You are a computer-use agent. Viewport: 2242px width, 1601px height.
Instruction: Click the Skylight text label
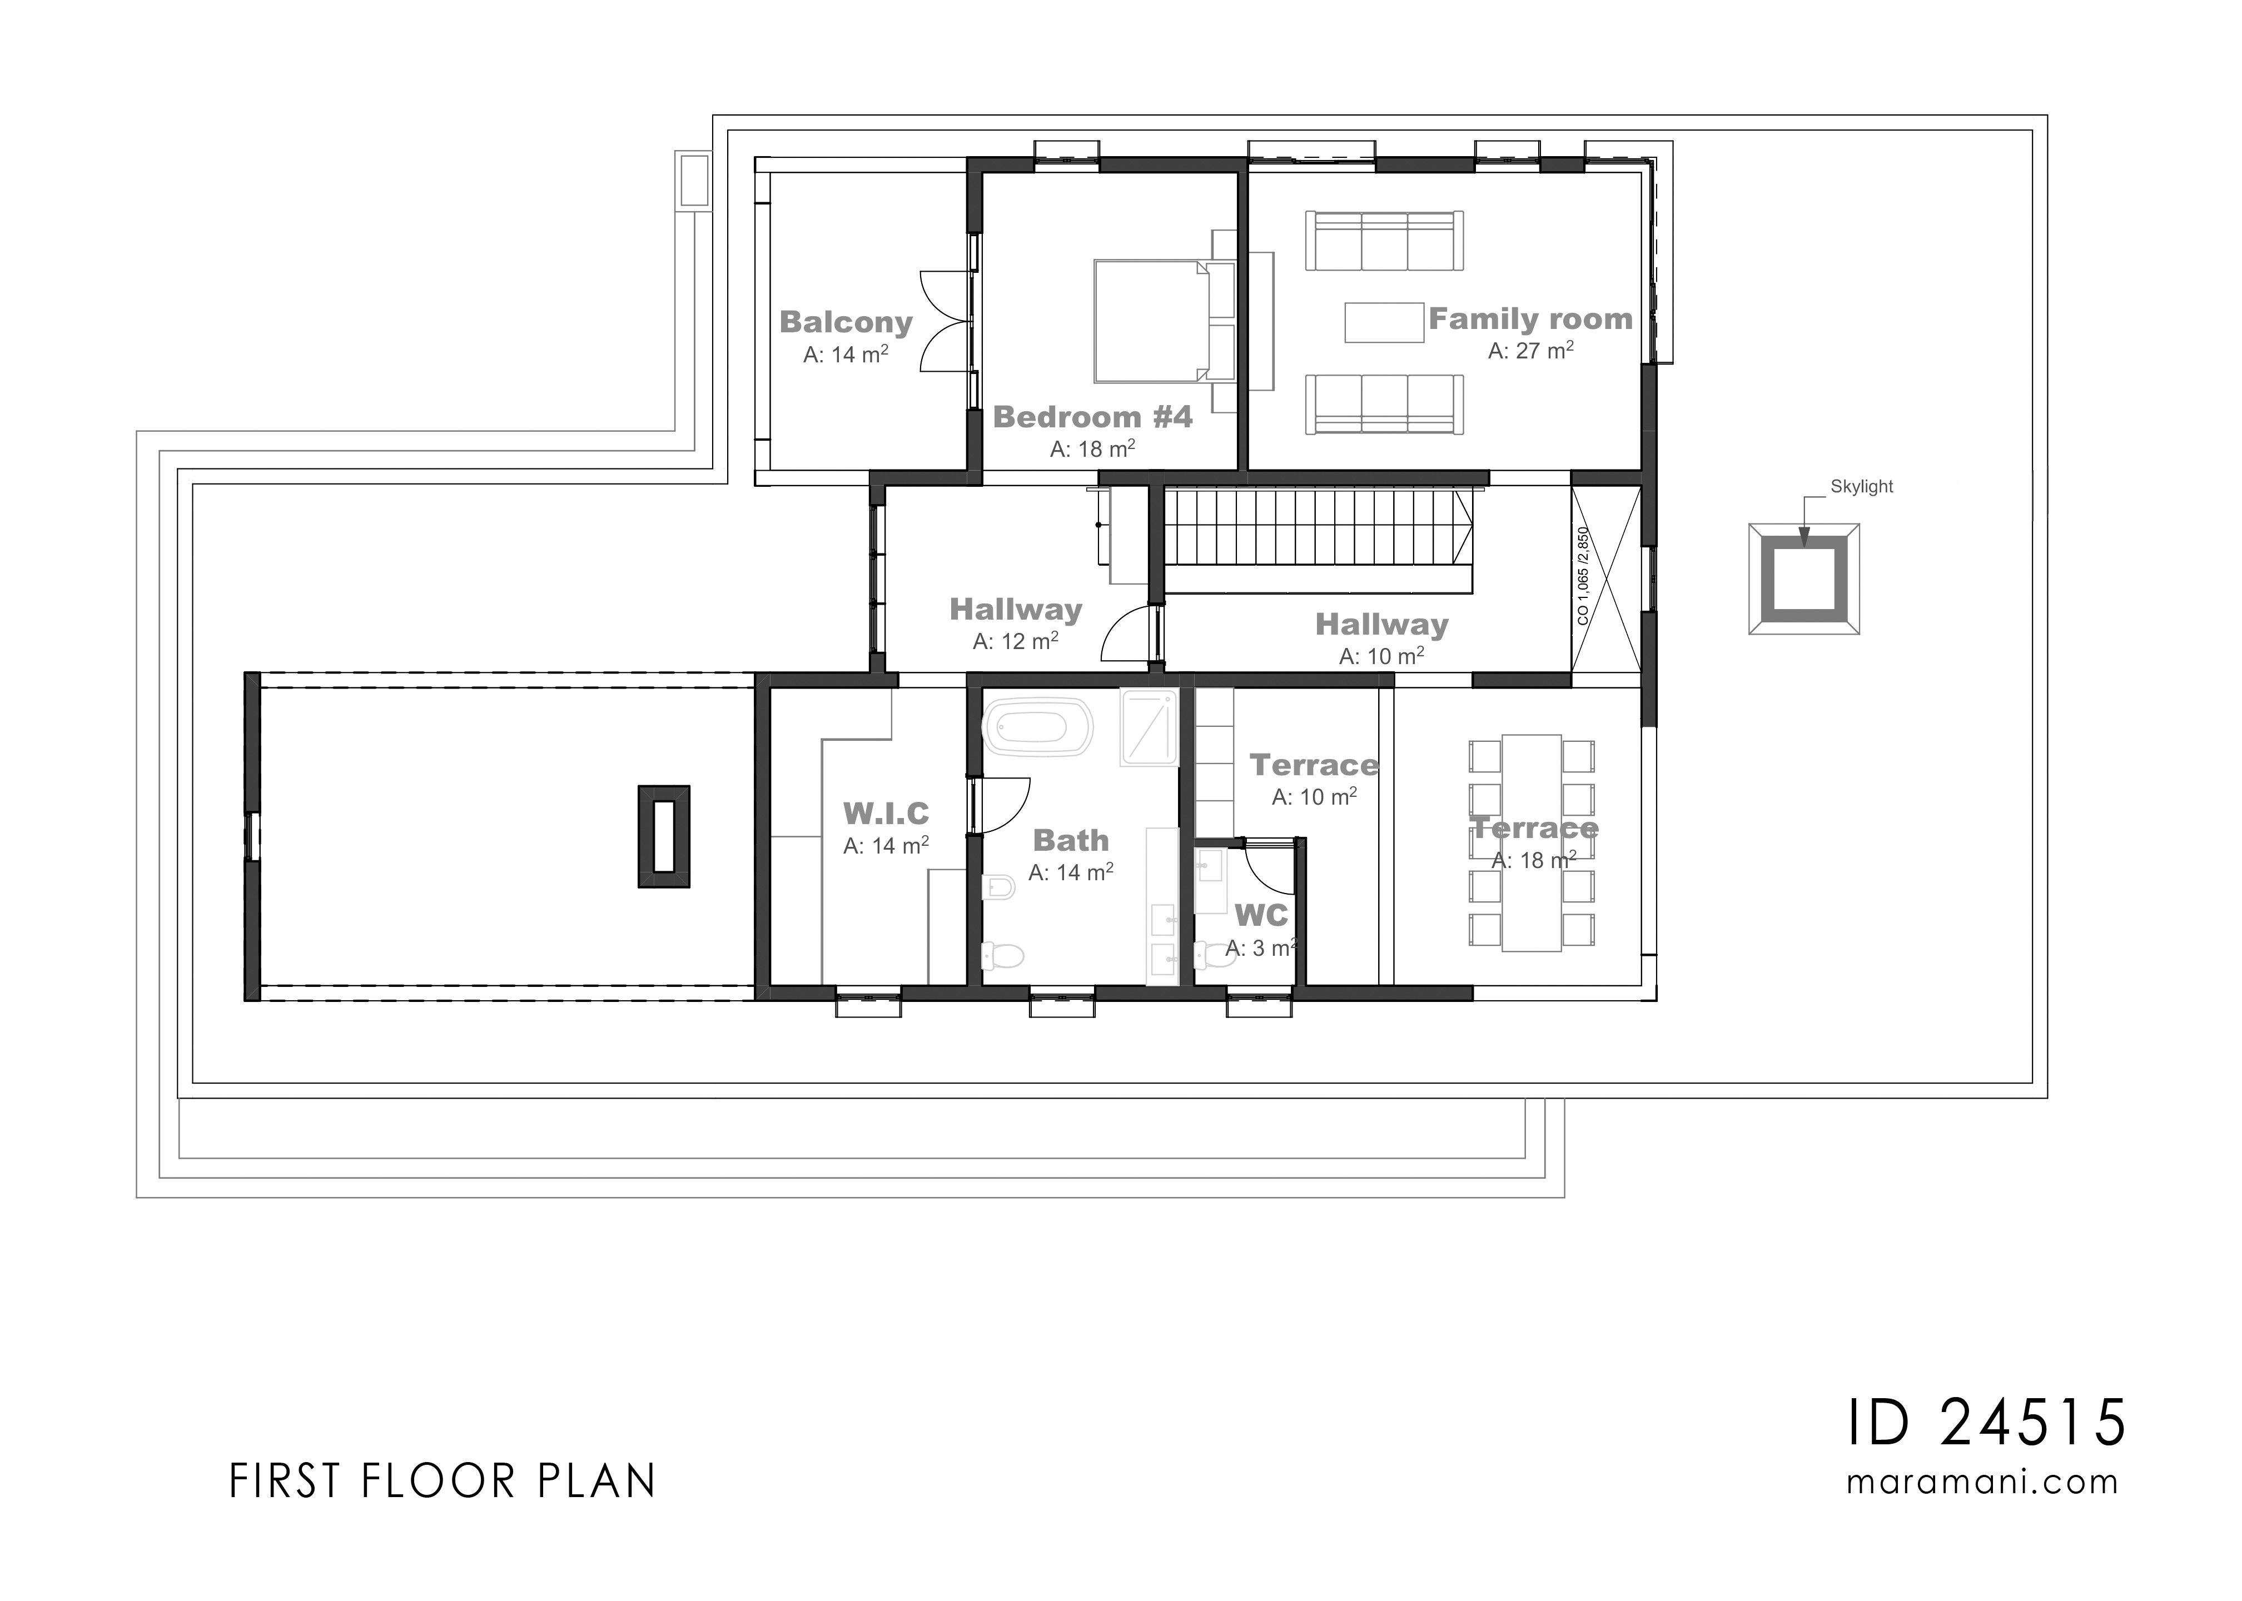(x=1861, y=486)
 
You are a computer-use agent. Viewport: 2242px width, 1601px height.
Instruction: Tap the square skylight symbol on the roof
(x=1803, y=580)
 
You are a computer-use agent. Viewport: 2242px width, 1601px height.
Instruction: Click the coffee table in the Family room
(x=1383, y=322)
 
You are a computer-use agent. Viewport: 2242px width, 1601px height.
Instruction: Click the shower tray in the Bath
(x=1149, y=727)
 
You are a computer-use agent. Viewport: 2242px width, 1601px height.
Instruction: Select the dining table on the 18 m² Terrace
(x=1531, y=843)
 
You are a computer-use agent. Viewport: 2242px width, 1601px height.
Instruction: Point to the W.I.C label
(x=886, y=814)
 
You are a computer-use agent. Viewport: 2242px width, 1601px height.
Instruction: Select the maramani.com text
(x=1982, y=1482)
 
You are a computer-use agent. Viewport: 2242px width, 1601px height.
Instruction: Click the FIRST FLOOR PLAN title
(x=442, y=1482)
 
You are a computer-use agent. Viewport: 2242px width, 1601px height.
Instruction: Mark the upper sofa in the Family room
(x=1383, y=241)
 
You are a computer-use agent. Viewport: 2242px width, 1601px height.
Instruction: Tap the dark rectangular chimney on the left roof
(x=664, y=836)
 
